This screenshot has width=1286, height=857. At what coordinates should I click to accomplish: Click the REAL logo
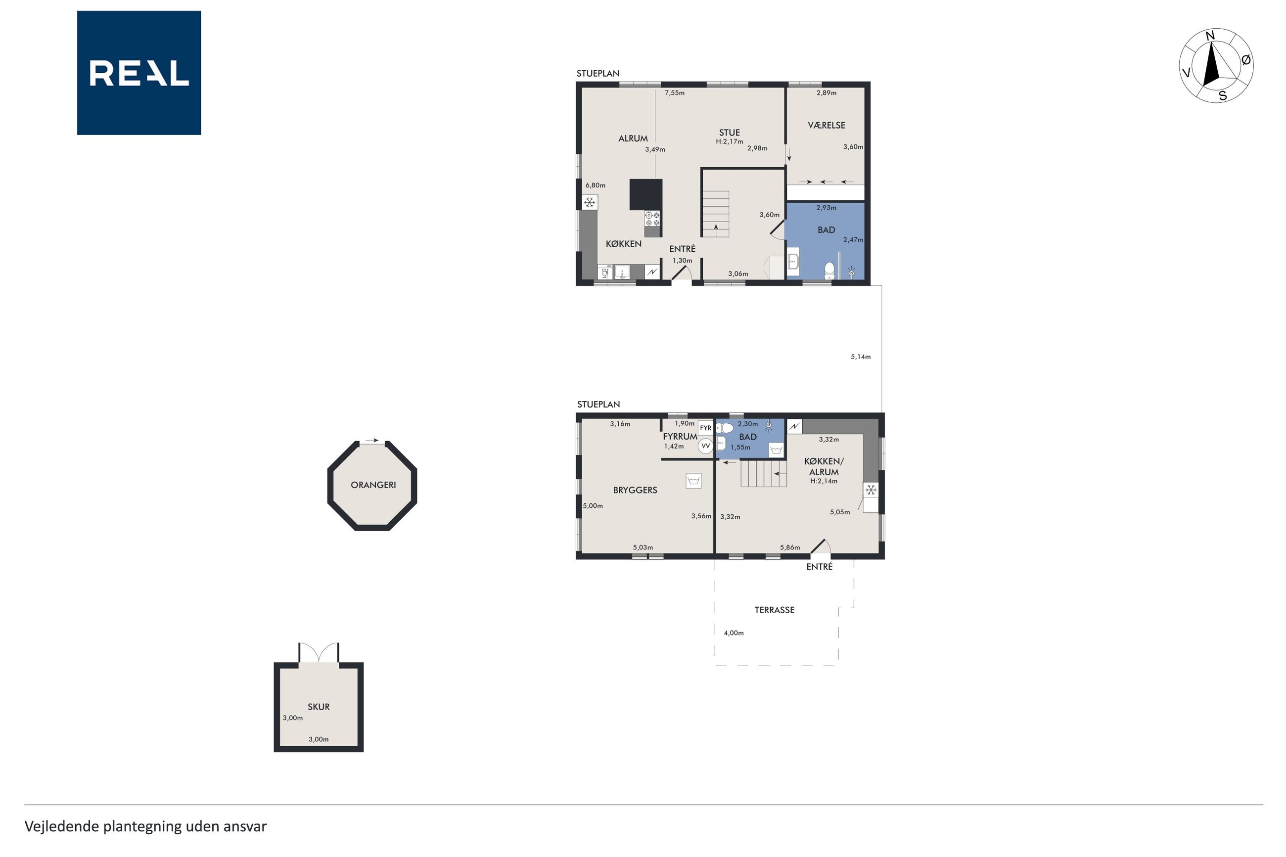pyautogui.click(x=139, y=73)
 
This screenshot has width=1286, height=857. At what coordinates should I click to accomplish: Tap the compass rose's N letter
pyautogui.click(x=1209, y=36)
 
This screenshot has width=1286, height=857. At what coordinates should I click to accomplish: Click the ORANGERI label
pyautogui.click(x=373, y=485)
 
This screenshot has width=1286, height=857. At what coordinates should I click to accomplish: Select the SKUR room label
pyautogui.click(x=319, y=707)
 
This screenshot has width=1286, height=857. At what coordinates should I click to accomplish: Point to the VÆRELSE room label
pyautogui.click(x=827, y=125)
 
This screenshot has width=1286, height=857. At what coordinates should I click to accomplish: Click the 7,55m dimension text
pyautogui.click(x=675, y=93)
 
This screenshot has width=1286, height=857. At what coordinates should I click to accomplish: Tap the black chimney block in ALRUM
pyautogui.click(x=646, y=194)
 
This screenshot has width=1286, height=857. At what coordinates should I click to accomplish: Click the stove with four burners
pyautogui.click(x=652, y=219)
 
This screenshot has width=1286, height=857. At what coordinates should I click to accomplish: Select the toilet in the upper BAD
pyautogui.click(x=829, y=270)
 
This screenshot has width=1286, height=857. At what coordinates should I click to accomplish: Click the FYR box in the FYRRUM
pyautogui.click(x=706, y=428)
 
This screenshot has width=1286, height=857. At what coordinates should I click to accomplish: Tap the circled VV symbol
pyautogui.click(x=706, y=446)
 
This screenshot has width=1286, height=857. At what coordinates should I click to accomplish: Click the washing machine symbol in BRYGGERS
pyautogui.click(x=693, y=480)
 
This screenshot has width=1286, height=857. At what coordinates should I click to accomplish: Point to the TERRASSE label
pyautogui.click(x=775, y=610)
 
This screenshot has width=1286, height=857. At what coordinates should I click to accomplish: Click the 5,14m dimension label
pyautogui.click(x=861, y=357)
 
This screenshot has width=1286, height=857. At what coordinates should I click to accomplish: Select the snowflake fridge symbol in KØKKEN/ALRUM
pyautogui.click(x=871, y=490)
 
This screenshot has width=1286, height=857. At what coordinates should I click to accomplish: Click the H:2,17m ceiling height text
pyautogui.click(x=730, y=141)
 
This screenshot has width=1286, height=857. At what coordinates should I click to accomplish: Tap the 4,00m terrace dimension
pyautogui.click(x=734, y=633)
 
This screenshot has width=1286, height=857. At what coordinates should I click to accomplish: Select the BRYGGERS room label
pyautogui.click(x=635, y=490)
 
